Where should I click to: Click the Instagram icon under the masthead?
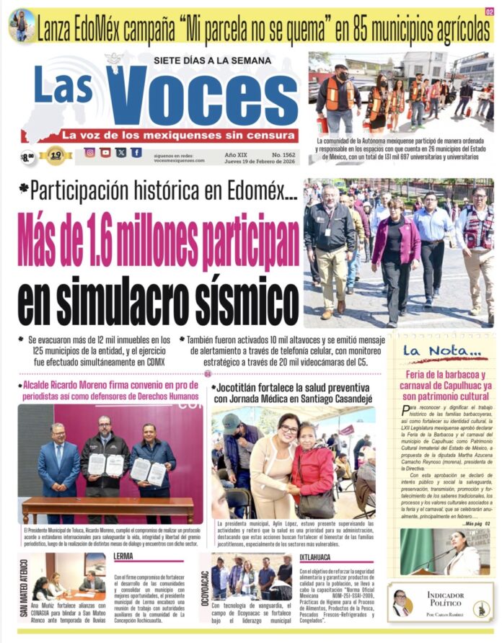point(90,153)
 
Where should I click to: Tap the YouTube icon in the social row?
point(105,153)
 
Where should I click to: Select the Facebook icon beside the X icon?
point(136,153)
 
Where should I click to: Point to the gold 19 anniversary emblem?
point(56,154)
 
